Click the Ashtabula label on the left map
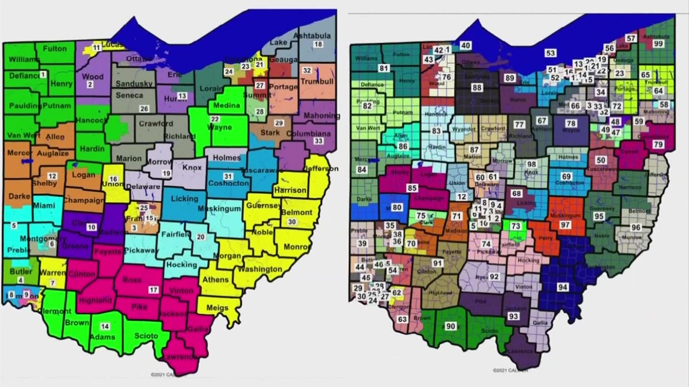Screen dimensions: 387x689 click(313, 35)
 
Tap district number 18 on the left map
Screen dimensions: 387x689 click(317, 44)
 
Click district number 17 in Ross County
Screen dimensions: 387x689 click(154, 290)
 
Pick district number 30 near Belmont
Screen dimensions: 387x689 click(292, 222)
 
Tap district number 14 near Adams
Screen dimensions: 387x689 click(105, 326)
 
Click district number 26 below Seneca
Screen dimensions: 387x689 click(144, 109)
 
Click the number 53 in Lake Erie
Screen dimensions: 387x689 click(550, 53)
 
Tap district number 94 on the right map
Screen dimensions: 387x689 click(563, 287)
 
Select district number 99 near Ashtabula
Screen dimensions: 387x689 click(658, 43)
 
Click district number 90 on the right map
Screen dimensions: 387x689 click(450, 326)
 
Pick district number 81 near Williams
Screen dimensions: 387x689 click(384, 68)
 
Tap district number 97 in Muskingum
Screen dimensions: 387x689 click(565, 225)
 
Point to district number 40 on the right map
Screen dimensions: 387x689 click(465, 45)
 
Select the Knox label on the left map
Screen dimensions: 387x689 click(192, 168)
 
